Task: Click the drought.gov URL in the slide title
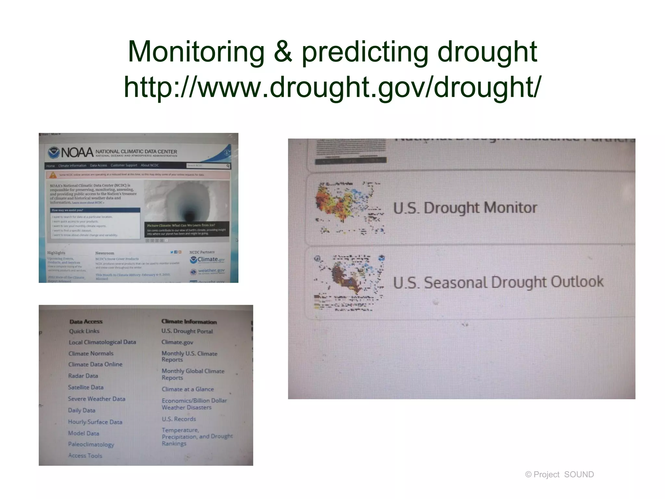[x=332, y=87]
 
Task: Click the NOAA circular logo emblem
[x=54, y=152]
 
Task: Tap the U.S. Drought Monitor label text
[x=465, y=208]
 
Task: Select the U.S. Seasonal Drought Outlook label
[x=498, y=282]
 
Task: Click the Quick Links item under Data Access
[x=84, y=331]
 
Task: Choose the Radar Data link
[x=83, y=376]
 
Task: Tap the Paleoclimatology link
[x=91, y=444]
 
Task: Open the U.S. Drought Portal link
[x=187, y=331]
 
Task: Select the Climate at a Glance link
[x=188, y=389]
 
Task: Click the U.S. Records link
[x=179, y=419]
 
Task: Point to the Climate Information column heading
[x=189, y=321]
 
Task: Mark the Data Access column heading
[x=86, y=321]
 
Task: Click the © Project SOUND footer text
[x=559, y=474]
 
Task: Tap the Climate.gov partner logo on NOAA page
[x=207, y=259]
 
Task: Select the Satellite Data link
[x=86, y=387]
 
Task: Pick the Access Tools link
[x=85, y=455]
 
